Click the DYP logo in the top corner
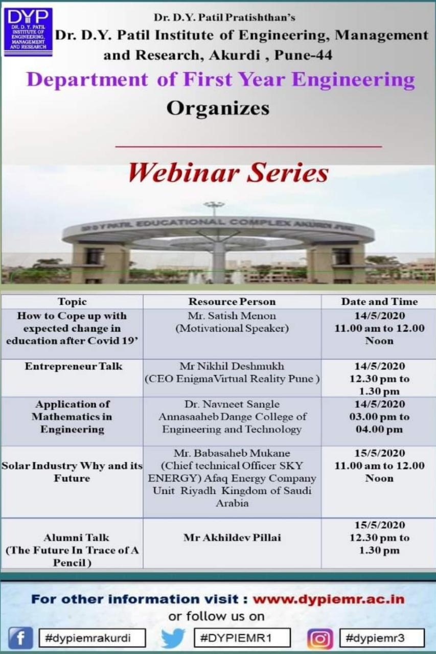28,32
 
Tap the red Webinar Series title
228,173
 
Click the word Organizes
218,109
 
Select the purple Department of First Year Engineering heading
220,80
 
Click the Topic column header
72,301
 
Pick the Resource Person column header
232,301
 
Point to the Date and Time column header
379,301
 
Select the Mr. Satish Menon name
232,316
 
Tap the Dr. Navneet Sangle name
232,404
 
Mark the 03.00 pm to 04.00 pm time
379,423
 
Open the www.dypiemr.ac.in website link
329,599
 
